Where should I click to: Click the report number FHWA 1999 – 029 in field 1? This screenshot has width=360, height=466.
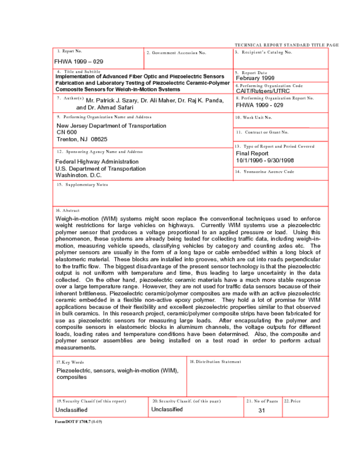(78, 61)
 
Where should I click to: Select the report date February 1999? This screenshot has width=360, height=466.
(255, 78)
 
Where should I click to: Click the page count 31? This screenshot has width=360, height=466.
(261, 410)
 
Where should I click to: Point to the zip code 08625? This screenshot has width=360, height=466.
(99, 139)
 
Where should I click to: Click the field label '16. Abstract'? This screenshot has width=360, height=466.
(67, 211)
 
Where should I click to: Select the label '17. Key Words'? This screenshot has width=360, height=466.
(70, 362)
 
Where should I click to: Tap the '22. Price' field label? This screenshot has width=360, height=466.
(292, 401)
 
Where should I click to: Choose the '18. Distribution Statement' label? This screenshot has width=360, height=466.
(215, 362)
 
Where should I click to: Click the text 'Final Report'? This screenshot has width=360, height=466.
(252, 153)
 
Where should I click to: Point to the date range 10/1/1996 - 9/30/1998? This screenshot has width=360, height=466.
(265, 160)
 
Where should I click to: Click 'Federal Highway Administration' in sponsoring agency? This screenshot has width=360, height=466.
(97, 162)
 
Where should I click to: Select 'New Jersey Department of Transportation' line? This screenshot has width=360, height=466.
(111, 126)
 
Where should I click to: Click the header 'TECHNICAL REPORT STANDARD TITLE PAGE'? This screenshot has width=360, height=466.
(287, 45)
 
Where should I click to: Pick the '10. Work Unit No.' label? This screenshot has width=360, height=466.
(254, 117)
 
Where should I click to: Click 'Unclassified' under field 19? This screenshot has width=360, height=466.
(71, 410)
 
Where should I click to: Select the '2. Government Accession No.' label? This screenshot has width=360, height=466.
(176, 53)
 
